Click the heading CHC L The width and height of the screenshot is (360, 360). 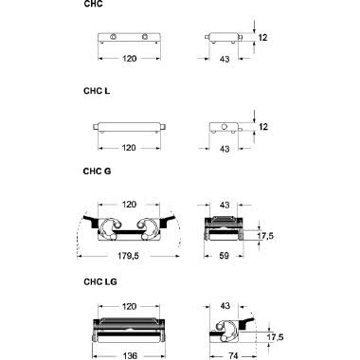point(97,91)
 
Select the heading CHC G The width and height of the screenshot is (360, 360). point(97,171)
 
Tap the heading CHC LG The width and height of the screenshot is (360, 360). point(100,281)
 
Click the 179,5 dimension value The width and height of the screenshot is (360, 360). point(128,256)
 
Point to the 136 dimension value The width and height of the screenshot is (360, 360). point(130,355)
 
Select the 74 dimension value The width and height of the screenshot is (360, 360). point(233,355)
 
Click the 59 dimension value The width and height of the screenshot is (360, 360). point(224,255)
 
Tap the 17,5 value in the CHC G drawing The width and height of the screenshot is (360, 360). point(265,236)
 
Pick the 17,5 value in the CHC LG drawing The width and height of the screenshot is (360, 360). point(275,337)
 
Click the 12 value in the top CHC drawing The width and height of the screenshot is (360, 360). point(262,38)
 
